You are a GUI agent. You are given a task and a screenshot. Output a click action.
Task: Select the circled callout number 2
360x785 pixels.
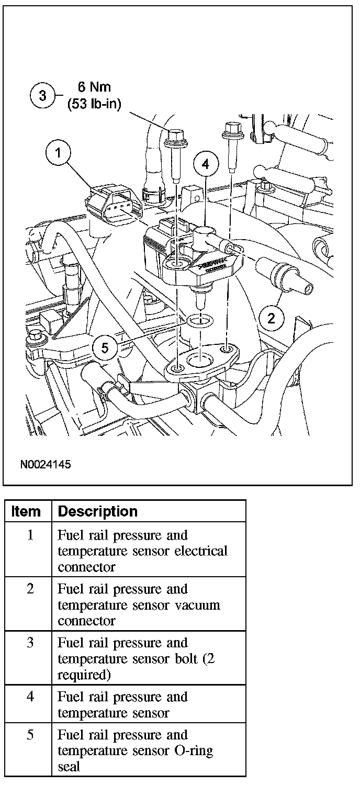[271, 318]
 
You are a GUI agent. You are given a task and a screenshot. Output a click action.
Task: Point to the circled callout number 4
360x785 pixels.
[205, 164]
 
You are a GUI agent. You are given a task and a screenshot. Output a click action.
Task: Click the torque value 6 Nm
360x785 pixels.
[95, 87]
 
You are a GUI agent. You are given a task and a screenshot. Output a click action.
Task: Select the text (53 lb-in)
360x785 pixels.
[94, 104]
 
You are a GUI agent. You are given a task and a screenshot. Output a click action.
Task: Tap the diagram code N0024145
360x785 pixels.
[46, 464]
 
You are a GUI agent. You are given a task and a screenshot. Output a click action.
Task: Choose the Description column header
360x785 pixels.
[98, 511]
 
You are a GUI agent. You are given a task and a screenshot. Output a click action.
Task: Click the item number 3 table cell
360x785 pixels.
[30, 643]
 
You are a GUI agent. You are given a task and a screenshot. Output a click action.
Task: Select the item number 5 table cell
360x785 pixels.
[30, 735]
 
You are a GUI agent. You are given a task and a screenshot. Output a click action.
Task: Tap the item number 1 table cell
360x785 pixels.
[30, 536]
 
